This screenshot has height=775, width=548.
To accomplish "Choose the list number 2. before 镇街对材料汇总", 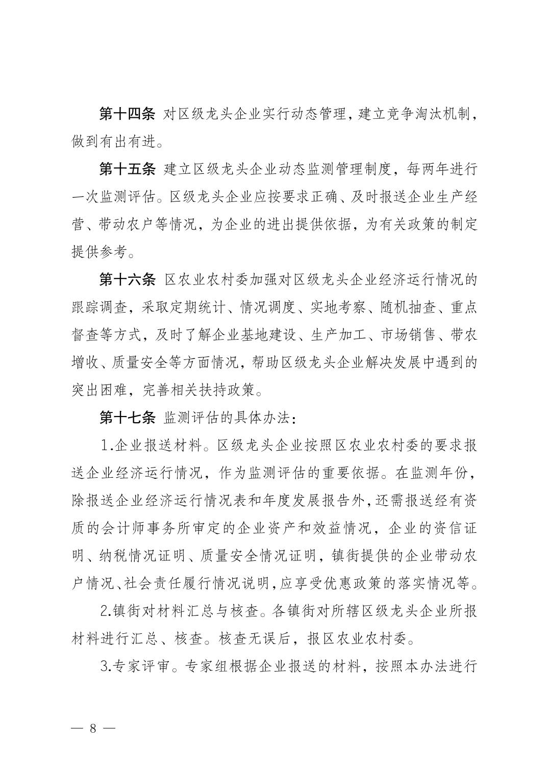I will click(107, 612).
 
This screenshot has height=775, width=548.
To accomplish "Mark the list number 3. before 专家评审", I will click(107, 667).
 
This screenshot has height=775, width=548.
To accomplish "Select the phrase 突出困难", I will click(99, 391).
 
